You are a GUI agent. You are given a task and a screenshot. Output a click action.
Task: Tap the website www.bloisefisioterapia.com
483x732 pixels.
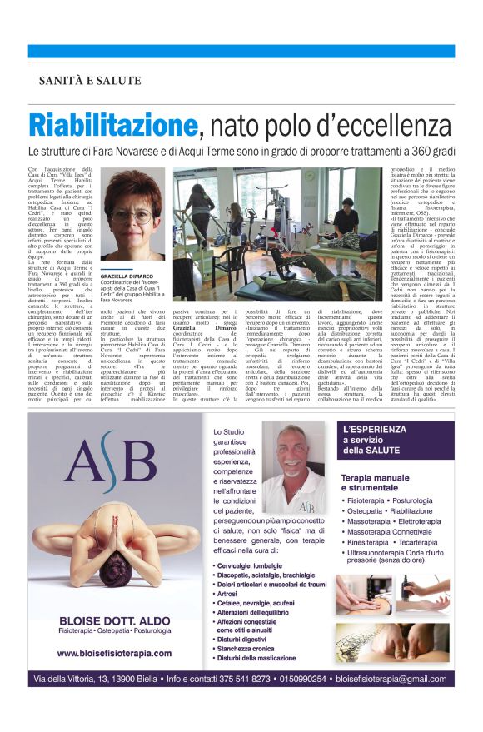(114, 653)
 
